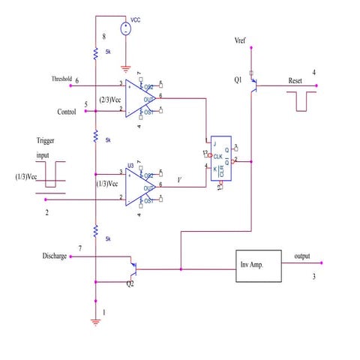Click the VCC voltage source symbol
[x=126, y=28]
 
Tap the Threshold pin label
[x=61, y=78]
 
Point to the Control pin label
[x=67, y=112]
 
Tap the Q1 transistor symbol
[x=256, y=85]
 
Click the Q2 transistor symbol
[x=133, y=267]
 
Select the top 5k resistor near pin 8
[x=96, y=53]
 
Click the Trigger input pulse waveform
[x=51, y=175]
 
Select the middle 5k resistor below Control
[x=96, y=136]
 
